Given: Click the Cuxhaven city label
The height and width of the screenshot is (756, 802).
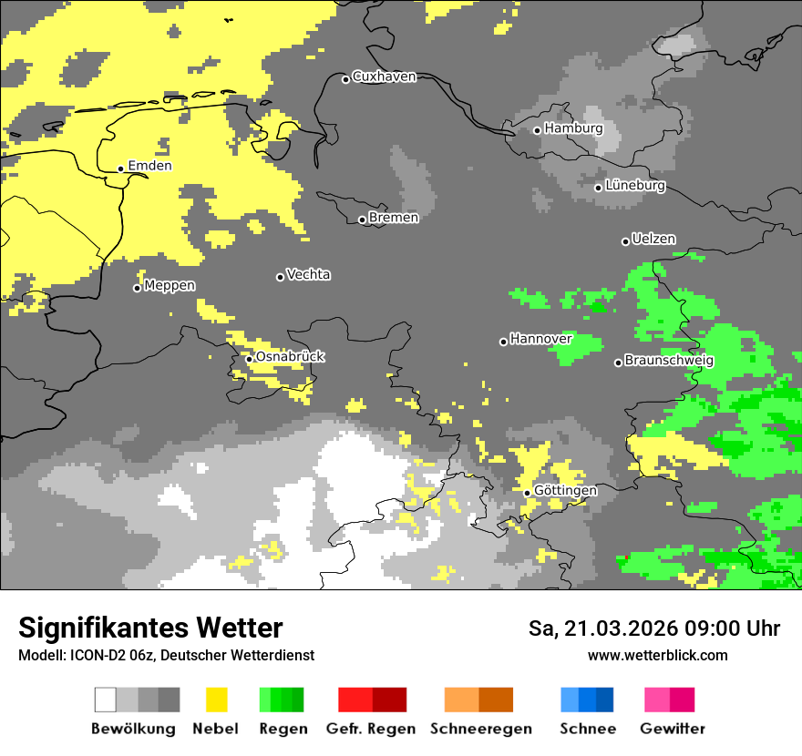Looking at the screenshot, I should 384,77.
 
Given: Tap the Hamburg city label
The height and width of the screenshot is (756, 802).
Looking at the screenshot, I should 573,128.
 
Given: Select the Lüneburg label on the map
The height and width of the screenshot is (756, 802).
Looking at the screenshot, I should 634,186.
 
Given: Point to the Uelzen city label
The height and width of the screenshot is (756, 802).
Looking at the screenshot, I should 653,240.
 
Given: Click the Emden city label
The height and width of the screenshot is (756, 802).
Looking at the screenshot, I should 149,166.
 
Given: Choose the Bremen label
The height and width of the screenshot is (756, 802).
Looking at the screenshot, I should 394,218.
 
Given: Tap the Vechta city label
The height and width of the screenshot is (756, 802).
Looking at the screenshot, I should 308,274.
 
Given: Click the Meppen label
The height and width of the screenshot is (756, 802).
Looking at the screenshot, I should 170,286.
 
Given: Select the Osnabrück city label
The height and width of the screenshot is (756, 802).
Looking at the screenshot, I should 290,357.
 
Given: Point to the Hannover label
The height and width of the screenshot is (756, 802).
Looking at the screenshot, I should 540,339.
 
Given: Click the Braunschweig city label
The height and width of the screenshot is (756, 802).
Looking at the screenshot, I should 669,361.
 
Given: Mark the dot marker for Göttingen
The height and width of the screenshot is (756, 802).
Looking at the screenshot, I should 527,493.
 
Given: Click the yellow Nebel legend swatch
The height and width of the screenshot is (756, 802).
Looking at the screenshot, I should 216,700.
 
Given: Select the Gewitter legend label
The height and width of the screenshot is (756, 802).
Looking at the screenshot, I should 672,729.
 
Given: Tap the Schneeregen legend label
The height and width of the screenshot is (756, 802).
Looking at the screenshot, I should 481,729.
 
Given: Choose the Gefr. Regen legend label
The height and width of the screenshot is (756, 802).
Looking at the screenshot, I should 371,729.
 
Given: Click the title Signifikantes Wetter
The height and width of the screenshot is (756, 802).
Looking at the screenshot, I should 150,628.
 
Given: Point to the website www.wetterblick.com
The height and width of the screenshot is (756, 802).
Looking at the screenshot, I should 657,656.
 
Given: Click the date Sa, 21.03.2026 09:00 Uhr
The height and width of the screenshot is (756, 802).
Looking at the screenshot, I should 653,629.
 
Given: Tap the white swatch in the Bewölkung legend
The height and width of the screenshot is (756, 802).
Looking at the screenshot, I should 106,700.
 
